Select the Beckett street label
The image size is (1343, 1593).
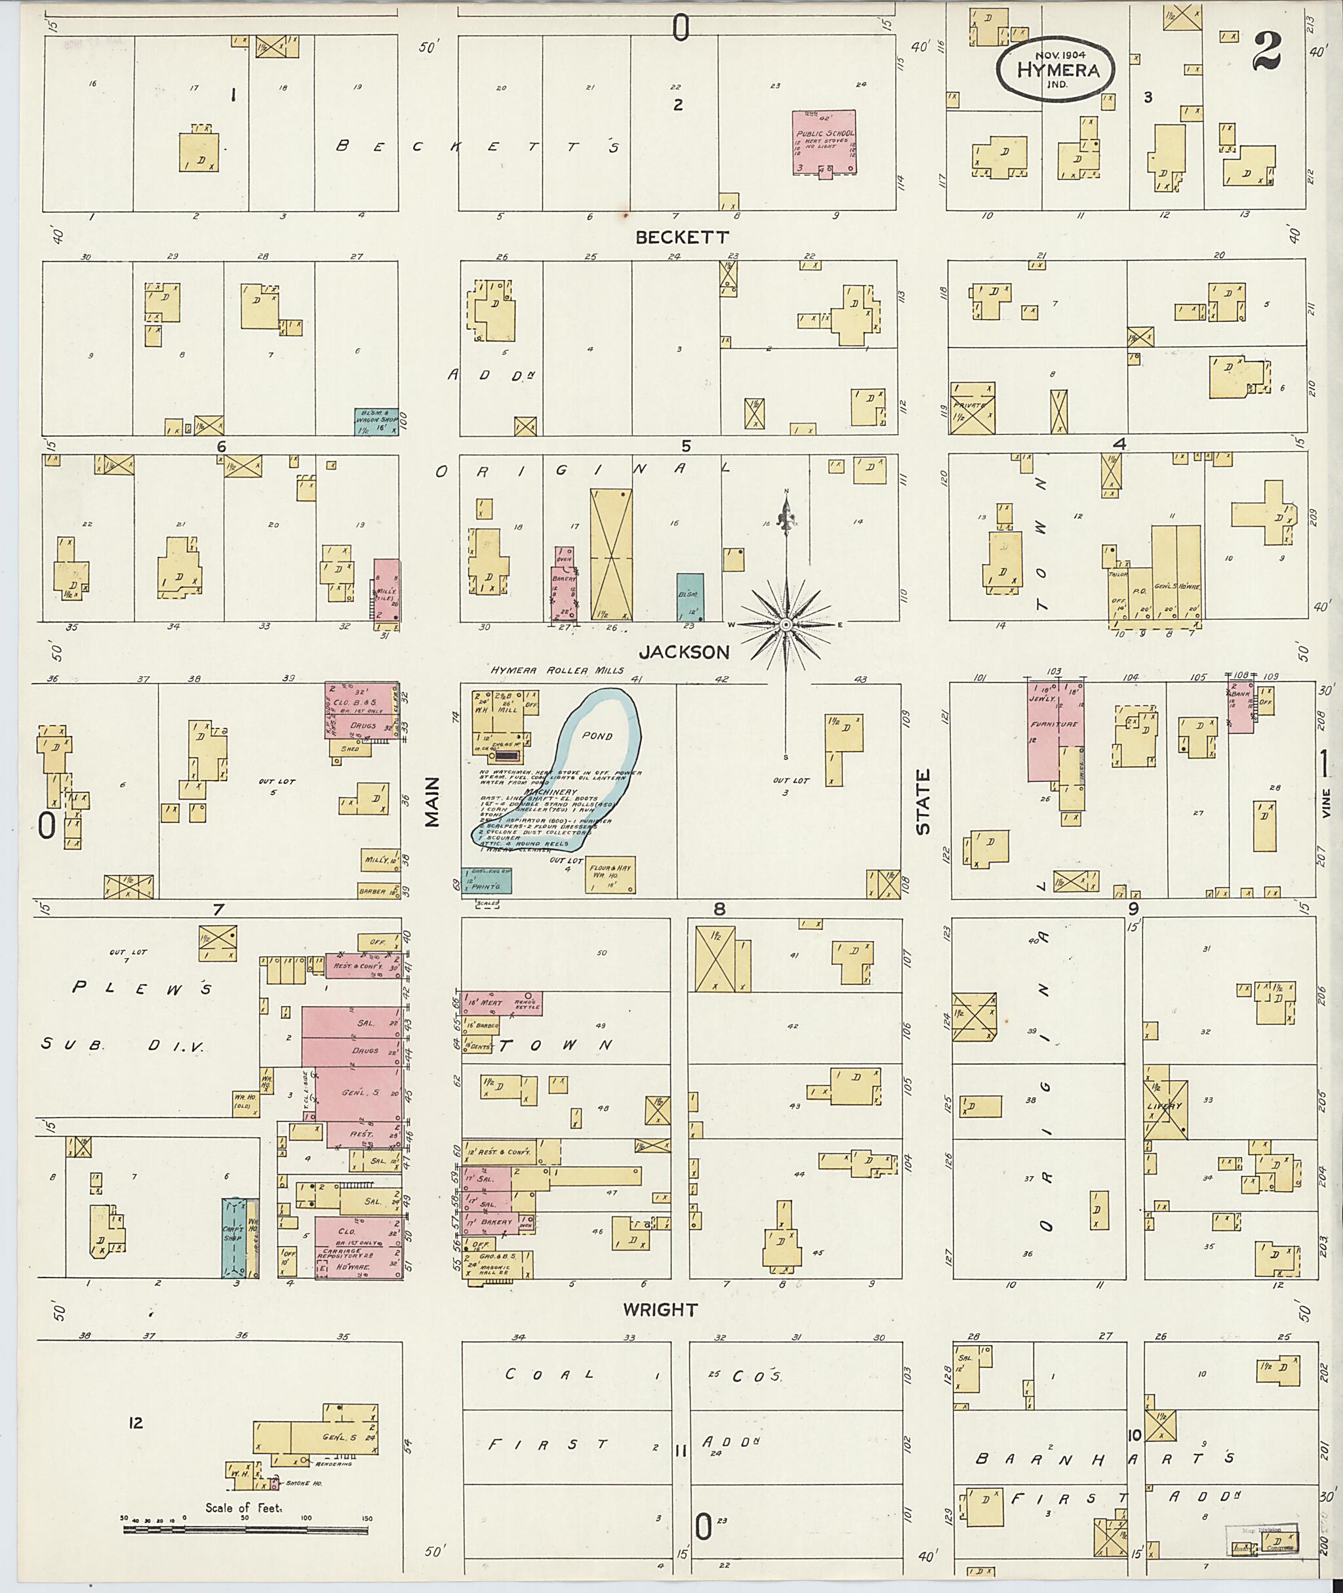point(682,237)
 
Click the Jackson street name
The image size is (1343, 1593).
point(684,652)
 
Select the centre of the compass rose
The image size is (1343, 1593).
point(785,624)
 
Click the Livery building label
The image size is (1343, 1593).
point(1165,1106)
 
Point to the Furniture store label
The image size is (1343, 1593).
point(1054,724)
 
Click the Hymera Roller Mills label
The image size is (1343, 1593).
point(557,671)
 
